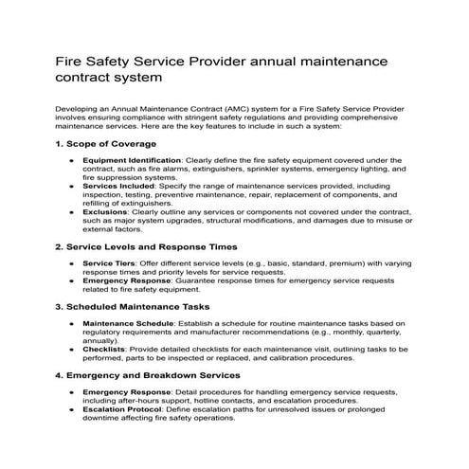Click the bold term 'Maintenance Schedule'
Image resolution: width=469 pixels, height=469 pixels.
(x=128, y=324)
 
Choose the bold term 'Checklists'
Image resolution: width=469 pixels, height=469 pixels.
(x=105, y=350)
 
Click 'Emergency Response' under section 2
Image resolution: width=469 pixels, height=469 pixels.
(x=126, y=280)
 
